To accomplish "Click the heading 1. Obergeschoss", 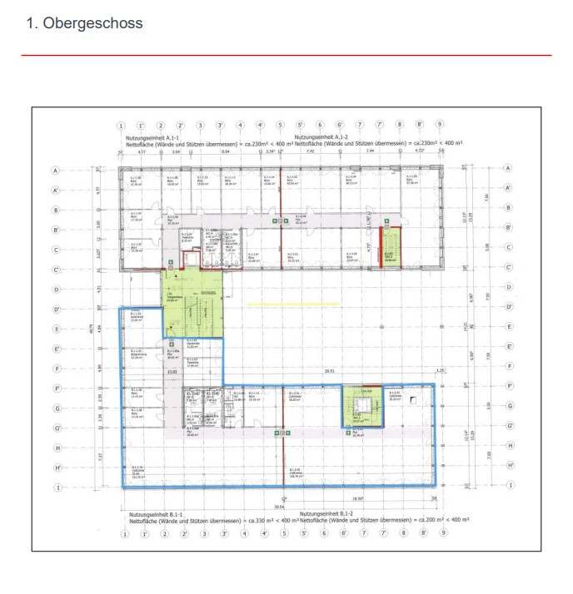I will pos(85,23).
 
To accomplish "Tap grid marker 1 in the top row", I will pos(122,125).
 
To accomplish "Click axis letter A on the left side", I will pos(57,169).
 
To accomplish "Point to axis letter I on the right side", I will pos(507,488).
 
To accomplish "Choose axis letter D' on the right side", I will pos(508,308).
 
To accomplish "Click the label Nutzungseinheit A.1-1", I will pos(153,136).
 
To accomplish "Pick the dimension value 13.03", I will pos(172,372).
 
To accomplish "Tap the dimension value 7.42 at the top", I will pos(310,152).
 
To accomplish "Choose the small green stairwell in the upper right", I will pos(390,247).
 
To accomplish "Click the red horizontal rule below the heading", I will pos(286,55).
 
